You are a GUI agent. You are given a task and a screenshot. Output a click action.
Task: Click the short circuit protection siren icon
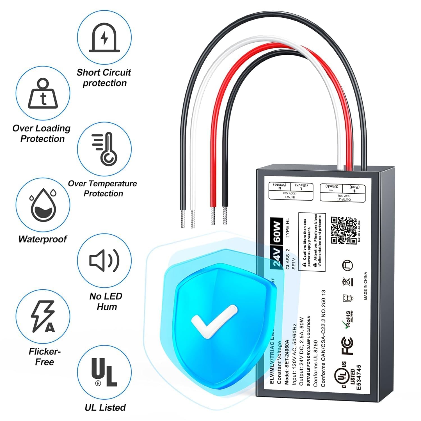click(104, 38)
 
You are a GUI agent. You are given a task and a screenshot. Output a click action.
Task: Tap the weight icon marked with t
click(43, 94)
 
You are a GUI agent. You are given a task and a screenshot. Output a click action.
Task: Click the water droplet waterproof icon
click(43, 205)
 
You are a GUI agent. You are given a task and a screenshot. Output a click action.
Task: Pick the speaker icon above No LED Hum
click(104, 260)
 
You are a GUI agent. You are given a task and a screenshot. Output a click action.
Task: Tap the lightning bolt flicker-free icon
click(43, 316)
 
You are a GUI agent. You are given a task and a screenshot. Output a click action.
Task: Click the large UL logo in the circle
click(104, 372)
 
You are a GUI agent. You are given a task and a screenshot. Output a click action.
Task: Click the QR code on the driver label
click(344, 230)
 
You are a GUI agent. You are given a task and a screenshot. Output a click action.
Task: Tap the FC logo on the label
click(347, 346)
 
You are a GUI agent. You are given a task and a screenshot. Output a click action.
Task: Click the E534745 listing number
click(358, 377)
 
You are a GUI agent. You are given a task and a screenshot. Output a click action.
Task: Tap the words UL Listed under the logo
click(105, 407)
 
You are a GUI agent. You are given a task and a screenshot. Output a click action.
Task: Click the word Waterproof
click(43, 239)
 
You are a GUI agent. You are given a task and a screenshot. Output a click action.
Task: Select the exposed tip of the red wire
click(213, 216)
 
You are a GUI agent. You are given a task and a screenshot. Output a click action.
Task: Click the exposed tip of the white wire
click(193, 219)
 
